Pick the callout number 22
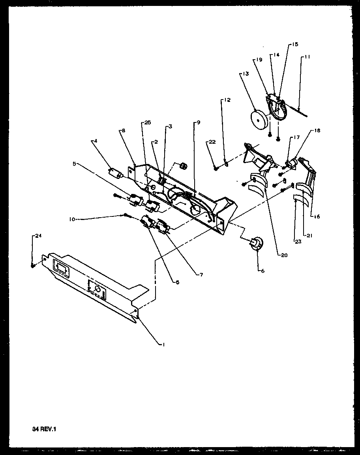(x=212, y=142)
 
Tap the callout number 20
(x=284, y=255)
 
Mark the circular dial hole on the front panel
(x=97, y=290)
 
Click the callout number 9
(x=198, y=122)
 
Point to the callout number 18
(x=317, y=130)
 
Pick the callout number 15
(x=295, y=45)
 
